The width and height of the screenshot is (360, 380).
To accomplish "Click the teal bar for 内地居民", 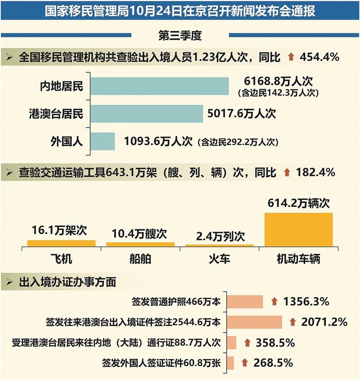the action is click(159, 86).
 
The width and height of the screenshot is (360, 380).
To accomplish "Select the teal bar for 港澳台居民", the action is click(147, 114).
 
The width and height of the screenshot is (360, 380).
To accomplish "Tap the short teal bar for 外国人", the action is click(103, 141).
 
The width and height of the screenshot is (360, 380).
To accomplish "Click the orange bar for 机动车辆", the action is click(299, 230).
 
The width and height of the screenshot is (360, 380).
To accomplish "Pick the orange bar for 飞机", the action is click(61, 243).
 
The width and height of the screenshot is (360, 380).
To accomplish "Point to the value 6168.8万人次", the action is click(278, 81).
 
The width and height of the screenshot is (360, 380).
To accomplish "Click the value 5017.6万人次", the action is click(241, 114).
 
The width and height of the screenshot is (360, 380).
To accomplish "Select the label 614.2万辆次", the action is click(299, 203).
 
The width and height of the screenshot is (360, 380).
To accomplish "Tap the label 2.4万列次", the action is click(220, 236).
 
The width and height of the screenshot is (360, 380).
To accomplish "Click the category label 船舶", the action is click(141, 259).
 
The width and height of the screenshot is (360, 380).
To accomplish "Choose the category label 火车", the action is click(219, 259).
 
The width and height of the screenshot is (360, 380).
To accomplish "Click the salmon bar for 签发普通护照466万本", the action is click(245, 302).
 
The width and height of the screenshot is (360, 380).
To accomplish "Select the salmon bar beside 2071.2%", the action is click(255, 322).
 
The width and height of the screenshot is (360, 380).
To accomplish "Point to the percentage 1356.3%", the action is click(306, 302).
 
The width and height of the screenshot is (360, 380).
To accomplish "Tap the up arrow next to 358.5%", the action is click(247, 342).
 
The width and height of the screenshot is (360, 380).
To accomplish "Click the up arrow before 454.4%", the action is click(291, 57).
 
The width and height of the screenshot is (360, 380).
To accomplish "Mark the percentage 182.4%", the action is click(315, 172).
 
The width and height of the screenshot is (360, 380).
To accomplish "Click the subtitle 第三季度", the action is click(180, 35).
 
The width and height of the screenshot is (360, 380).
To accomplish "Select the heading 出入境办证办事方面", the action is click(67, 282).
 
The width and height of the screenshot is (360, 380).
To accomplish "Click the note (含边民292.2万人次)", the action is click(238, 142).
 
